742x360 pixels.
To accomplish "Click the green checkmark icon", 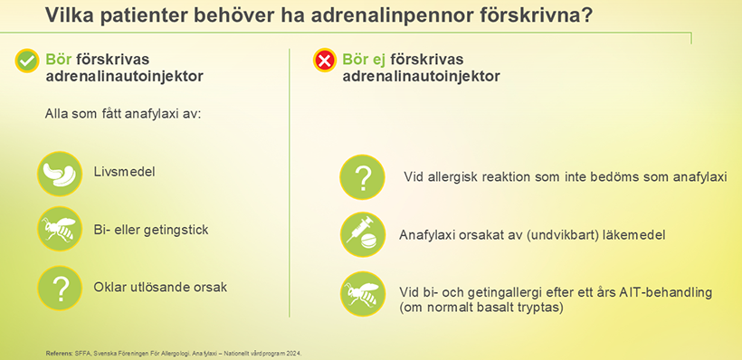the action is tap(27, 61).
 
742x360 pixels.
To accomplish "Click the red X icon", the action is tap(325, 60).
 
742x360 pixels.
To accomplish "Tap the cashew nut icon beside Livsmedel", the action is tap(60, 174).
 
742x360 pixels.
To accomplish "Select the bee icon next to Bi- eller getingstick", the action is tap(60, 229).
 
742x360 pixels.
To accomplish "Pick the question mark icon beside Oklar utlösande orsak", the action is tap(60, 288).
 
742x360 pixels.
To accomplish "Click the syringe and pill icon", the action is tap(363, 234).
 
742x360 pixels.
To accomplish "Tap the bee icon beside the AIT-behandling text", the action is tap(363, 294).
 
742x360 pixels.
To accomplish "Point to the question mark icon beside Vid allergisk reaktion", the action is tap(363, 177).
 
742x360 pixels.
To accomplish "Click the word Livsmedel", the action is tap(125, 172).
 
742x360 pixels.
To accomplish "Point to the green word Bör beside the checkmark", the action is tap(58, 60).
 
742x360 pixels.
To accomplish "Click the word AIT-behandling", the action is tap(665, 292).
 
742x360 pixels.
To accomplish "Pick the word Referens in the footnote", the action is tap(58, 354).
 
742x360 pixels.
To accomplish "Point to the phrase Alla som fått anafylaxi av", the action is tap(123, 115).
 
